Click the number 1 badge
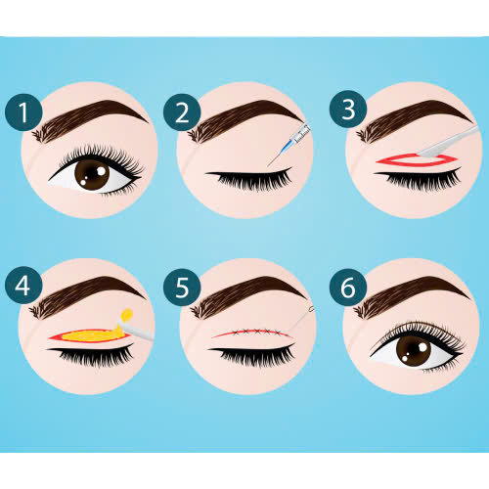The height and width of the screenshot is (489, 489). tap(23, 112)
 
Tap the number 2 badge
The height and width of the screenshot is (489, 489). tap(182, 112)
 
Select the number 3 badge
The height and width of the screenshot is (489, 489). tap(348, 110)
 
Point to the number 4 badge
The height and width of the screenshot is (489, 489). tap(23, 286)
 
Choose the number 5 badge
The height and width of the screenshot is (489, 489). tap(182, 288)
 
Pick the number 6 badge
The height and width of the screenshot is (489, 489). tap(348, 288)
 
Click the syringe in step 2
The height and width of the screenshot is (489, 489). tap(289, 144)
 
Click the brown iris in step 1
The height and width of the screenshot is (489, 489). tap(92, 174)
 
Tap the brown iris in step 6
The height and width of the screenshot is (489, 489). tap(414, 351)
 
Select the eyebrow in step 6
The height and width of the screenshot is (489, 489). tap(411, 295)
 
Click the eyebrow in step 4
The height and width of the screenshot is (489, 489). tap(86, 295)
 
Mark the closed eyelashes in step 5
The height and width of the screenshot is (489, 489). tap(252, 355)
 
